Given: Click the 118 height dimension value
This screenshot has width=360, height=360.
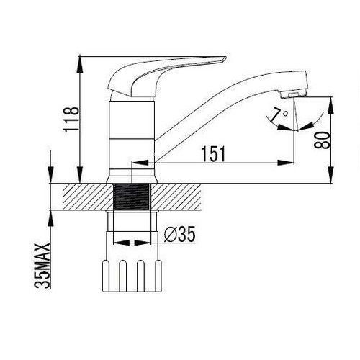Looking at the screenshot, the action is pos(71,120).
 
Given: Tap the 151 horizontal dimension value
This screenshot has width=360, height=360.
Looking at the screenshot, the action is pos(213,154).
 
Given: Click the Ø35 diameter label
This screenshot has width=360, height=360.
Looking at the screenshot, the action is pos(180,234).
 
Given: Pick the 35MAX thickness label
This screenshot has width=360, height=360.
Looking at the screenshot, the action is pos(42,266).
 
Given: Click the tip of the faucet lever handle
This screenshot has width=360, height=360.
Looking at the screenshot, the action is pos(225,58).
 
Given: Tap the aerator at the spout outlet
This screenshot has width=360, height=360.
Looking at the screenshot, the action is pos(293,94).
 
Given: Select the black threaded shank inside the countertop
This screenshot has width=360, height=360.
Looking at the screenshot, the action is pos(132,197).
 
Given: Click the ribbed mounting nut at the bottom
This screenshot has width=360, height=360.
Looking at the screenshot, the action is pos(132,276).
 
